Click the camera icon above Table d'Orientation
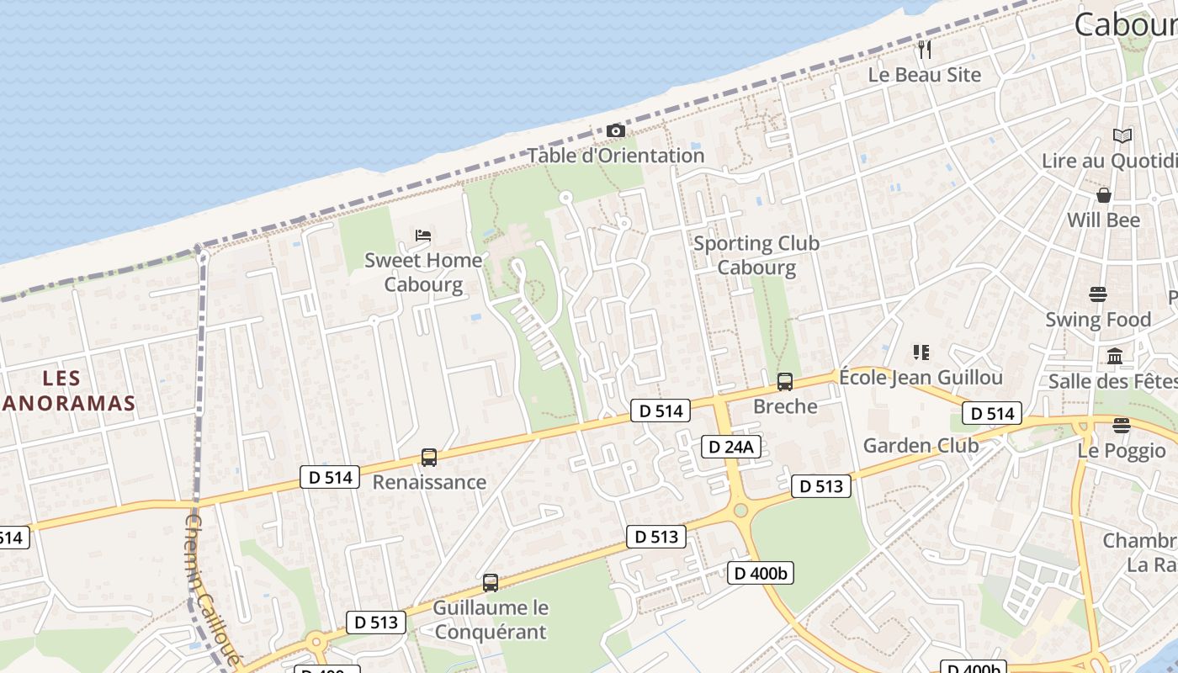[616, 131]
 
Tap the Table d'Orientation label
[616, 156]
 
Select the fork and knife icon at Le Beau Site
[925, 49]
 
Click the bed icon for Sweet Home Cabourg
[423, 235]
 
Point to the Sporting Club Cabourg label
[756, 255]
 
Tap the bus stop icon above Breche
[785, 382]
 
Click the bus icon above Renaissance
[429, 458]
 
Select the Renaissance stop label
[429, 482]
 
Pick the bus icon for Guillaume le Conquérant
[491, 582]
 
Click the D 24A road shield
[731, 447]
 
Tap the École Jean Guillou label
[921, 377]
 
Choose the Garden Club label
[921, 445]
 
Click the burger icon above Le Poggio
[1121, 425]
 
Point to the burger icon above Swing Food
[1098, 294]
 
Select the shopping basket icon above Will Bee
[1104, 195]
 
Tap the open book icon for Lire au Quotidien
[1122, 135]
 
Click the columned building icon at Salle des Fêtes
[1116, 357]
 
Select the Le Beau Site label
[925, 75]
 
